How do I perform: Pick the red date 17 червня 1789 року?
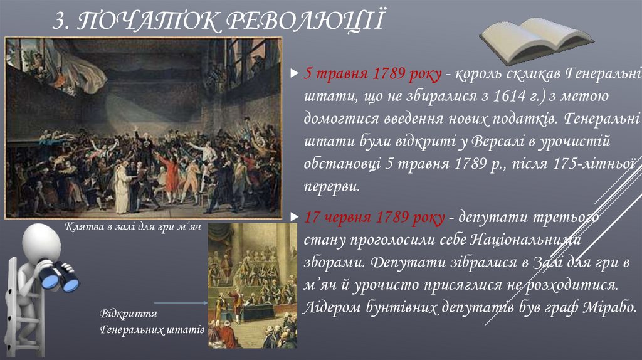point(375,218)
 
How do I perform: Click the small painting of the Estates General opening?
point(252,285)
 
